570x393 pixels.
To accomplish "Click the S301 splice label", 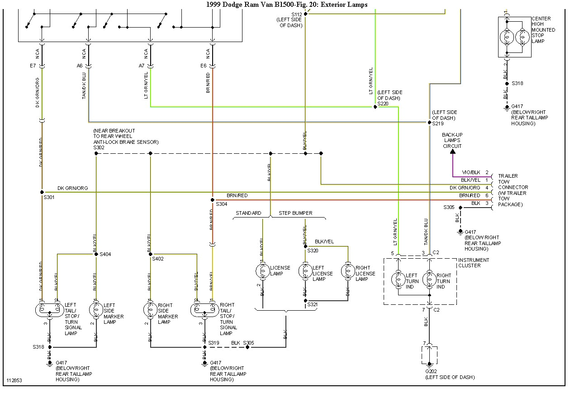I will pos(49,197).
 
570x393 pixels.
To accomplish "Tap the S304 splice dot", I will pos(212,199).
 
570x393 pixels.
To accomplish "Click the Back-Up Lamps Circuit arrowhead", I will pos(453,152).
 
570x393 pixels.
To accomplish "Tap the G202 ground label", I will pos(430,372).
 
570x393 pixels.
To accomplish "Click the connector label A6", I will pos(80,66).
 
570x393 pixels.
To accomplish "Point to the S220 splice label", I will pos(383,104).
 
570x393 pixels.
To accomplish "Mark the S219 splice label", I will pos(438,123).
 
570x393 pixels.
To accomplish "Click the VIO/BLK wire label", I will pos(470,173).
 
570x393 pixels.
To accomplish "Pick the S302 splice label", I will pos(99,147).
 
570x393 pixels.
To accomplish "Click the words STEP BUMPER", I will pos(295,213).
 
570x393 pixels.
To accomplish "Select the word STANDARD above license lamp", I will pos(248,213).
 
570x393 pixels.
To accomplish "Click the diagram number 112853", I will pos(14,380).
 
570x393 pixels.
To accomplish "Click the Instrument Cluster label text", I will pos(473,263).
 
